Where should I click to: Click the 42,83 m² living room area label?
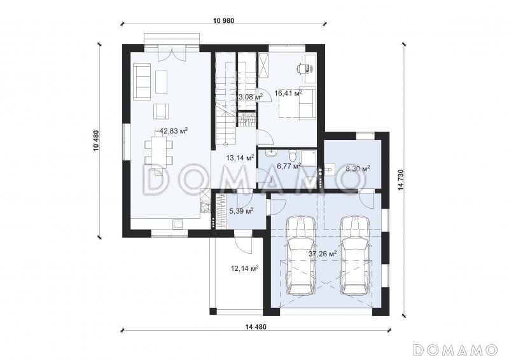[x=174, y=131]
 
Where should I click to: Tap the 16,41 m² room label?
[x=288, y=93]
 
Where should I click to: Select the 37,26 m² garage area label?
[x=323, y=254]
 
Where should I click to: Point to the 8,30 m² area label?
[x=358, y=169]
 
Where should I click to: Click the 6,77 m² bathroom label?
[x=289, y=166]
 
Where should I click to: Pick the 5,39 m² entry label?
[x=242, y=211]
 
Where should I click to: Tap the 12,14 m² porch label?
[x=244, y=268]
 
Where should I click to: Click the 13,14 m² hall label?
[x=240, y=158]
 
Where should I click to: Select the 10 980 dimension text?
[x=224, y=20]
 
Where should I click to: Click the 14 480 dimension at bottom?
[x=256, y=327]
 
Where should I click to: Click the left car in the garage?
[x=300, y=256]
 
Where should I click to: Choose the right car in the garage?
[x=355, y=256]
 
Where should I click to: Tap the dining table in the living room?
[x=159, y=152]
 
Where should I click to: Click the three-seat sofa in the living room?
[x=142, y=82]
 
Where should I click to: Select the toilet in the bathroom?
[x=293, y=155]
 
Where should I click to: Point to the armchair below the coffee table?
[x=161, y=111]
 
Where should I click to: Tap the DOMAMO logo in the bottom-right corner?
[x=455, y=350]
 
